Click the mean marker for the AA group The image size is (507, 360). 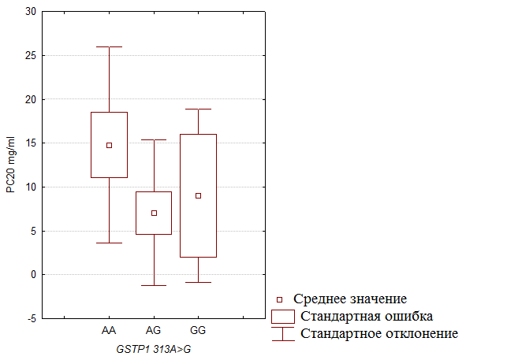click(110, 145)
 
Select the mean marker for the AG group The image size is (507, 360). click(154, 213)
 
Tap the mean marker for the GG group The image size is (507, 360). click(198, 195)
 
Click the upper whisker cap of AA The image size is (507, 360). click(110, 46)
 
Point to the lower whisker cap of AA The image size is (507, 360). click(110, 243)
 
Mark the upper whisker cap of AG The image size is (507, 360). click(154, 139)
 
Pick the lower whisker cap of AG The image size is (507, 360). click(154, 285)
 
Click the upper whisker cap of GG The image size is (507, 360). click(198, 109)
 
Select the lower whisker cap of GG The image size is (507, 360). click(198, 282)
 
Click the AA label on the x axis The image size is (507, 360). click(110, 329)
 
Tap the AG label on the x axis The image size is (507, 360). click(154, 329)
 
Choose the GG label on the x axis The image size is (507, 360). click(198, 329)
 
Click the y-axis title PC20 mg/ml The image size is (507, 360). click(10, 165)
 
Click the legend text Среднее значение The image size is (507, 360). click(350, 299)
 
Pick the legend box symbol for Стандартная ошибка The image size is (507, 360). click(282, 316)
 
